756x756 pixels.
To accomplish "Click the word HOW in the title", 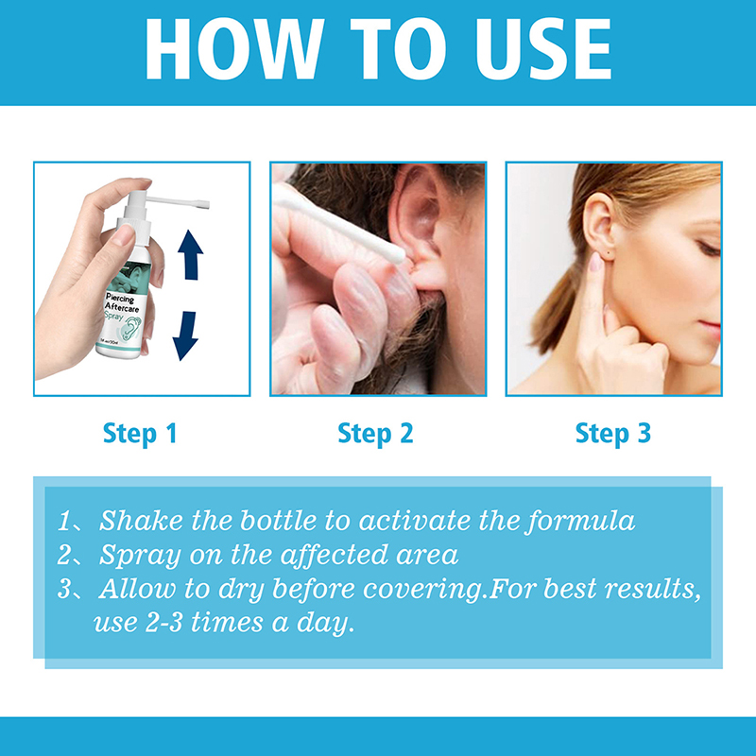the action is point(233,49).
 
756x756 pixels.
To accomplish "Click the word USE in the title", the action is point(543,49).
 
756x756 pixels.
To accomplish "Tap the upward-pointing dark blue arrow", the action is point(191,255).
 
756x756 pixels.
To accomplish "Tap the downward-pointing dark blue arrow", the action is point(185,335).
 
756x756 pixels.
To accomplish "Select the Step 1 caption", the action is point(140,434).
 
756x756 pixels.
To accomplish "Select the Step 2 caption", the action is point(375,434).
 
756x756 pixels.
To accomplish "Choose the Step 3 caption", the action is point(613,434).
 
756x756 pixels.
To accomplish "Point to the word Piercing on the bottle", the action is point(120,299).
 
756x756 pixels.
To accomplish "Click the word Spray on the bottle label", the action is point(113,317).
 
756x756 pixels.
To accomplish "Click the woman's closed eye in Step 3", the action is point(709,249).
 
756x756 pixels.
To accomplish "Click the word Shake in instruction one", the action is point(141,521).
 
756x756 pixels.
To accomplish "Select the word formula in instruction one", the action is point(580,522).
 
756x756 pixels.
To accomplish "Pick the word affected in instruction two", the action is point(334,555).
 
